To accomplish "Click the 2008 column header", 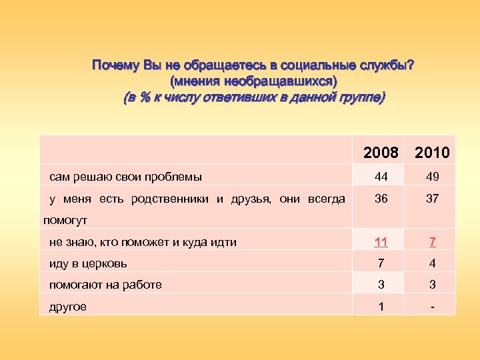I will click(381, 153).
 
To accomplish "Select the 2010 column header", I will click(432, 153).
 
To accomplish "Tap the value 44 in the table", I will click(381, 177).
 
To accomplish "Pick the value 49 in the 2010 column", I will click(432, 177).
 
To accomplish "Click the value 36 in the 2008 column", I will click(381, 199).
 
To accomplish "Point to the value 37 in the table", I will click(432, 199).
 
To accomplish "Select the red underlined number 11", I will click(381, 241).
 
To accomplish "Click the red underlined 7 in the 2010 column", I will click(432, 241).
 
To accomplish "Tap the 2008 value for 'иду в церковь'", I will click(381, 263).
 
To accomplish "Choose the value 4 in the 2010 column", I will click(432, 263).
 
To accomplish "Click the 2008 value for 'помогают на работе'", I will click(381, 285).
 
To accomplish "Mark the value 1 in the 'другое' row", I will click(381, 307).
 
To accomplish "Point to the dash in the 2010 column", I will click(432, 307).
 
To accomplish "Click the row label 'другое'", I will click(68, 307).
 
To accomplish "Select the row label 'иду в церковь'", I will click(89, 263).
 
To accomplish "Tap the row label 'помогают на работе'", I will click(105, 285).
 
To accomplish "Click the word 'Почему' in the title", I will click(113, 66).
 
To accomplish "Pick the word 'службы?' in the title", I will click(389, 66).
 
